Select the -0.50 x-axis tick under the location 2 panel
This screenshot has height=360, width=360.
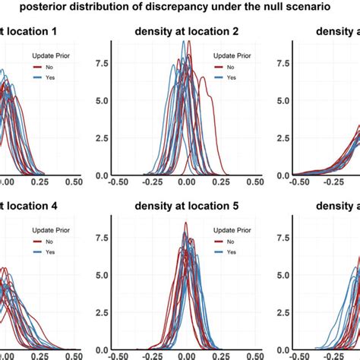point(118,182)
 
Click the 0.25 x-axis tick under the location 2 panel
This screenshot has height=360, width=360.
point(220,182)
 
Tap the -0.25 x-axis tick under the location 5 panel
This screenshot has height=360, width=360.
point(152,355)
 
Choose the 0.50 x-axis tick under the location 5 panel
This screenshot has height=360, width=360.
point(254,355)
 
